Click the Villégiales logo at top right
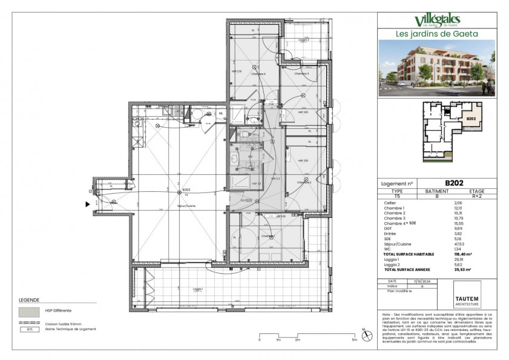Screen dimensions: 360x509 coord(438,21)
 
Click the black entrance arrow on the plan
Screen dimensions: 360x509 coord(88,205)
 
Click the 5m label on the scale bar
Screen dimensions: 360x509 coord(355,340)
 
